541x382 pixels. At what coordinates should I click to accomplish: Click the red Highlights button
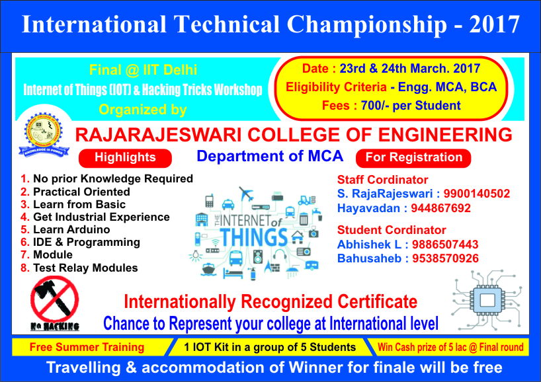pyautogui.click(x=125, y=158)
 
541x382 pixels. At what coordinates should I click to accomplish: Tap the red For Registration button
pyautogui.click(x=413, y=158)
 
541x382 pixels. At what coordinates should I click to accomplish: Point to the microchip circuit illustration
pyautogui.click(x=487, y=299)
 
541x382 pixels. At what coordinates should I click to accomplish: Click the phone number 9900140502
pyautogui.click(x=476, y=194)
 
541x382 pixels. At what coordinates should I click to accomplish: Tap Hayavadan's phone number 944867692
pyautogui.click(x=440, y=208)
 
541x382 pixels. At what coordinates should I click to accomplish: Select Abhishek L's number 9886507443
pyautogui.click(x=445, y=245)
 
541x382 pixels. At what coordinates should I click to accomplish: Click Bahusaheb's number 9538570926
pyautogui.click(x=445, y=258)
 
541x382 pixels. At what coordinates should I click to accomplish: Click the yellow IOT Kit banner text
pyautogui.click(x=270, y=347)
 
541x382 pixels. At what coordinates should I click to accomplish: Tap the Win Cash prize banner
pyautogui.click(x=450, y=347)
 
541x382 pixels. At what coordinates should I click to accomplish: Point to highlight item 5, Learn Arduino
pyautogui.click(x=65, y=229)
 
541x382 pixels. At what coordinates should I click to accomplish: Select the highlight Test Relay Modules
pyautogui.click(x=79, y=268)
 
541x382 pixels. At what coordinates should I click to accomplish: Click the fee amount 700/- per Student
pyautogui.click(x=411, y=106)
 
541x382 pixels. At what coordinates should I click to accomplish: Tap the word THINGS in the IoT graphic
pyautogui.click(x=254, y=237)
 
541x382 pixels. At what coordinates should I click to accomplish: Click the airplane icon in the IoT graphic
pyautogui.click(x=246, y=194)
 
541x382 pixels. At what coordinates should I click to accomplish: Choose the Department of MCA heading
pyautogui.click(x=270, y=156)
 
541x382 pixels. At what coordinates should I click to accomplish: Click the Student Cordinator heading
pyautogui.click(x=392, y=230)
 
